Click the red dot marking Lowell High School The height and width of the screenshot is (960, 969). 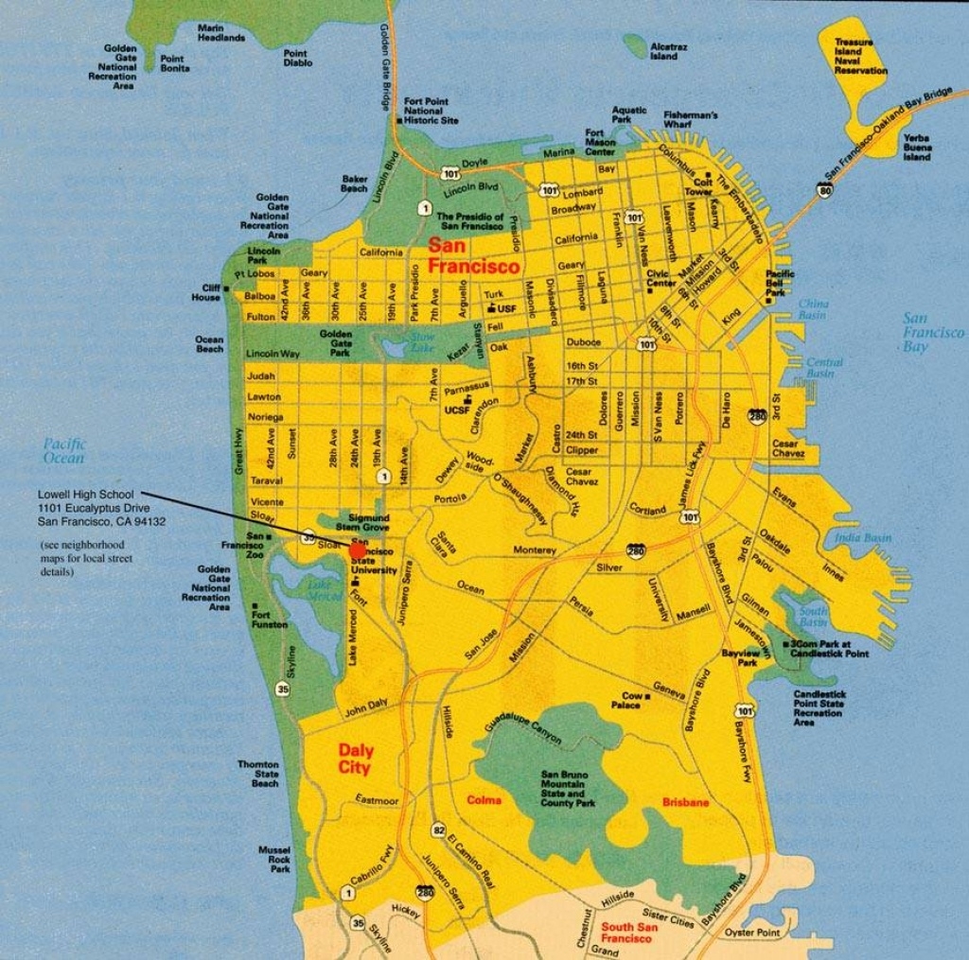click(x=358, y=550)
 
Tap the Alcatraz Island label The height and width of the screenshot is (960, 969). click(x=663, y=50)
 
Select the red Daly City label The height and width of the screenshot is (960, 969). click(x=354, y=759)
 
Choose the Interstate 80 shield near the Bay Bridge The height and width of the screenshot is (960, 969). click(x=825, y=191)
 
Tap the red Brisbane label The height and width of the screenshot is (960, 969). click(x=685, y=802)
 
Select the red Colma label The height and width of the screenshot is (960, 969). click(x=484, y=800)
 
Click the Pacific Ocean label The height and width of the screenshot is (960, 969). click(x=63, y=450)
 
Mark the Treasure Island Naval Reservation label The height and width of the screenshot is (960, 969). click(x=860, y=57)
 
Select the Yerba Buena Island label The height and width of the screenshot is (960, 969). click(x=916, y=147)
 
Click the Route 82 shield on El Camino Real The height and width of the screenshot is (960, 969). click(x=438, y=829)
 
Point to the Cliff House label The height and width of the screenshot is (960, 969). click(x=205, y=292)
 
